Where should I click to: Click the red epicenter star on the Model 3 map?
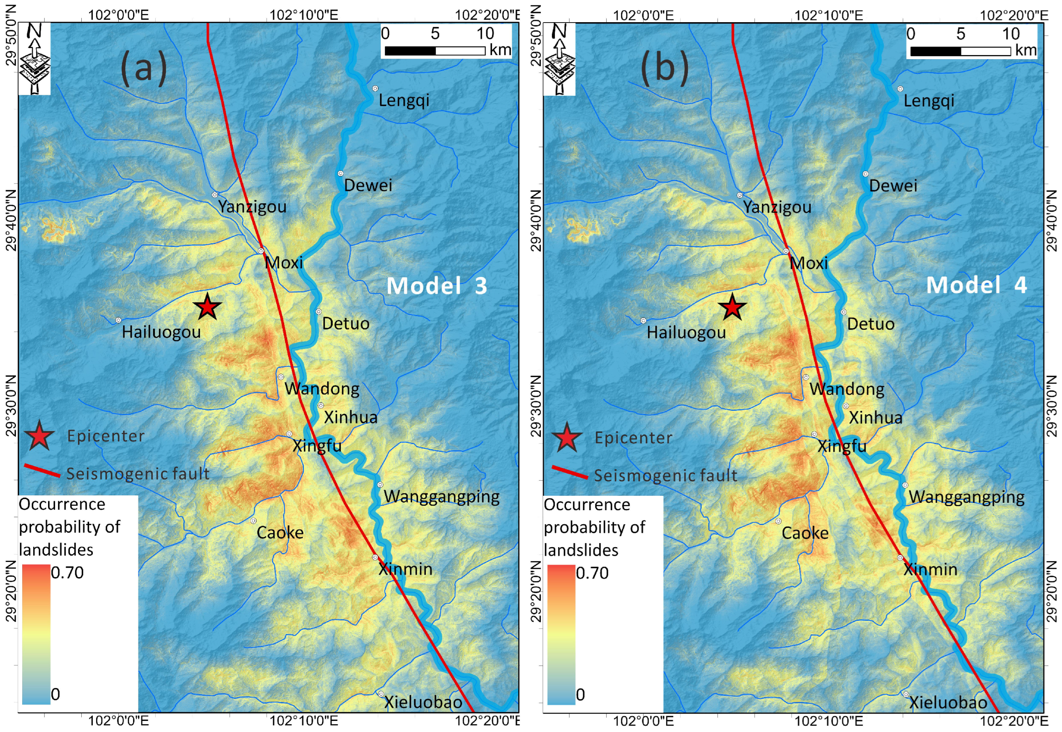pos(207,307)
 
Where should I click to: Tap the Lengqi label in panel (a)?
pos(404,100)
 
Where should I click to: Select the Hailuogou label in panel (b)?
pos(686,332)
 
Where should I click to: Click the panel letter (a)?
pos(143,68)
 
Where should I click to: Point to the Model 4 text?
pos(976,285)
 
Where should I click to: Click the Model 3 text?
pos(437,285)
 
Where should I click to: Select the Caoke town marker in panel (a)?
pos(253,521)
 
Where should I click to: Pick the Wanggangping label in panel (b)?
pos(967,497)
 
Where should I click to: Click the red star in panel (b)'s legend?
pos(567,437)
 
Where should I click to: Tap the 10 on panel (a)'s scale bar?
pos(485,34)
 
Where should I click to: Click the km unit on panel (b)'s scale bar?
pos(1026,50)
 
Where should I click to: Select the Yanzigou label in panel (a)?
pos(252,206)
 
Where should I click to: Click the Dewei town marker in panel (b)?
pos(865,174)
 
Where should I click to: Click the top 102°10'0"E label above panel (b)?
pos(829,15)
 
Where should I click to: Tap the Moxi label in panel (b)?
pos(809,263)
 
